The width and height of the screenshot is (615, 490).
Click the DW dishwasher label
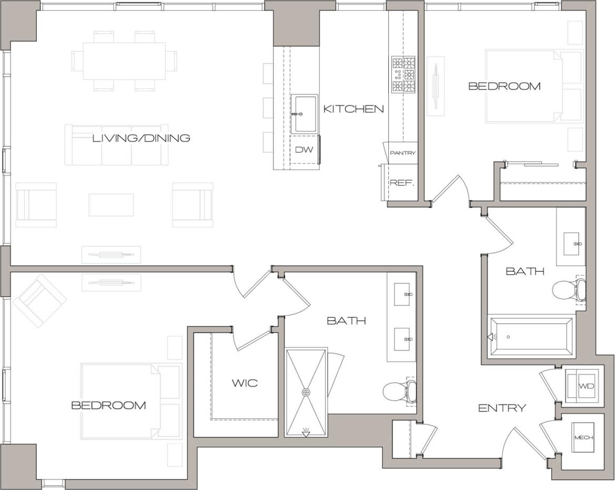point(304,150)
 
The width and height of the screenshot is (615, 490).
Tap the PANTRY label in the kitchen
point(403,153)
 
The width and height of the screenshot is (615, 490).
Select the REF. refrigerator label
point(402,183)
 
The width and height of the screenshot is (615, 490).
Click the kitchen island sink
point(305,114)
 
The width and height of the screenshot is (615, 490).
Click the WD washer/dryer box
point(586,386)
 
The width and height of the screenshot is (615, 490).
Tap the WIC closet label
point(245,383)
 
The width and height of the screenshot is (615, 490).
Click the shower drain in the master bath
point(306,392)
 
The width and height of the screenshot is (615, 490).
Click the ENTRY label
point(501,408)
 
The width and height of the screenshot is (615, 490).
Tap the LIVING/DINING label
point(141,138)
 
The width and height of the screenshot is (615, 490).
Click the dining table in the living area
point(124,61)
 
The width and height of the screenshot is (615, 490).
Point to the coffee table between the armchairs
point(110,205)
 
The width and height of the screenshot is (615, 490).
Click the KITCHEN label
point(353,109)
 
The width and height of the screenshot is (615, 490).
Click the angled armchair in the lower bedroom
point(39,301)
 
